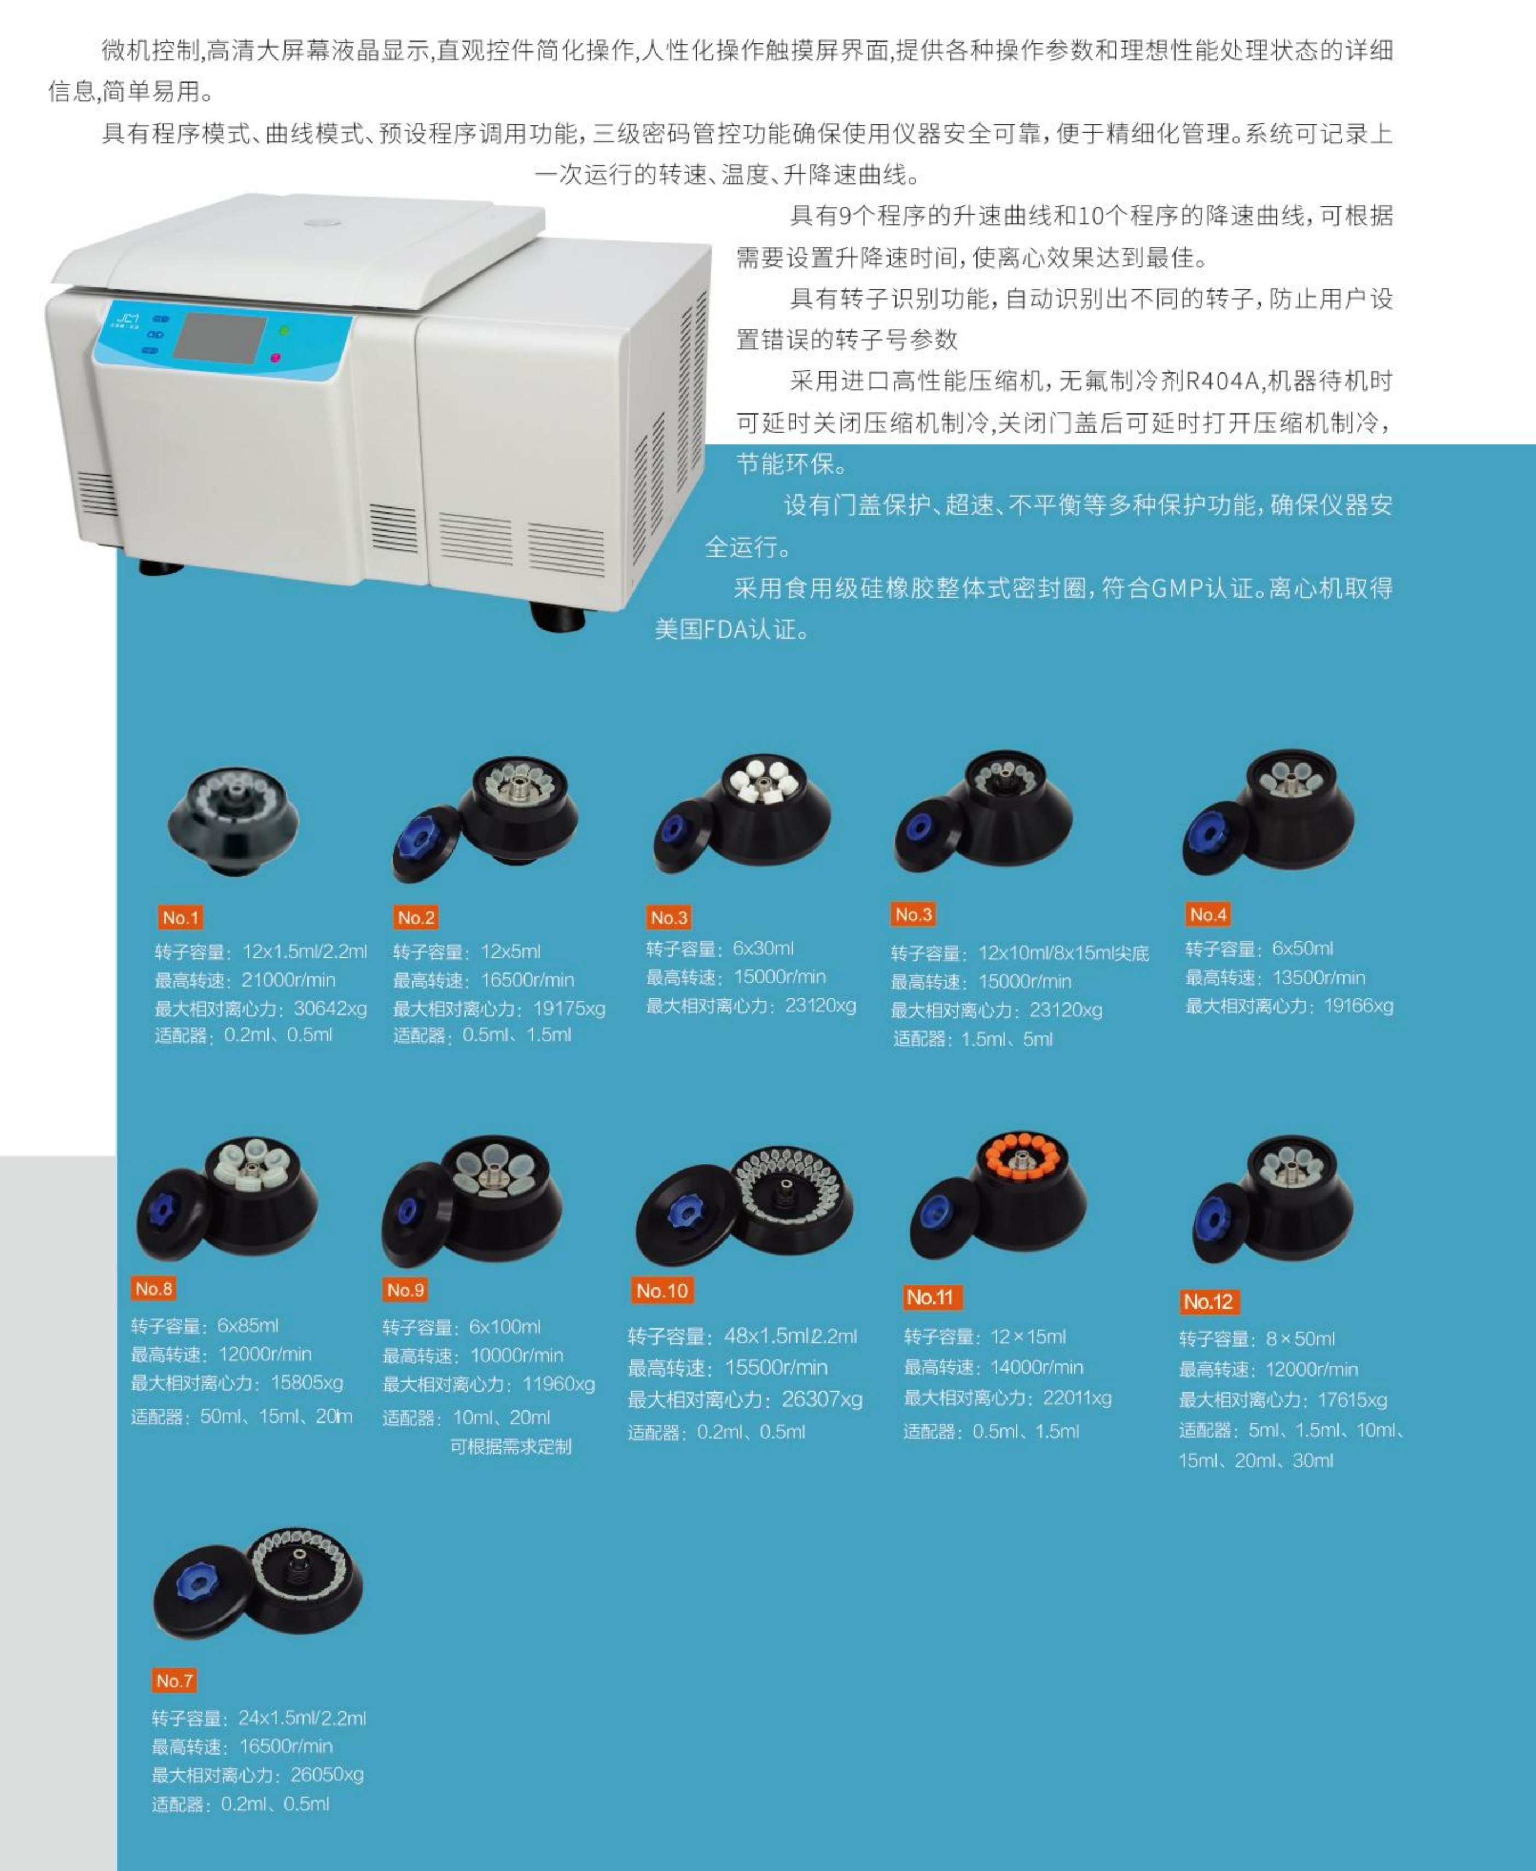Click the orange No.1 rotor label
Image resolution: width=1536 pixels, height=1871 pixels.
tap(181, 917)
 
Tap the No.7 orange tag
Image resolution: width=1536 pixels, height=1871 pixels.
tap(174, 1680)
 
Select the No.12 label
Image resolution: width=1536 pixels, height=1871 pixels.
tap(1208, 1301)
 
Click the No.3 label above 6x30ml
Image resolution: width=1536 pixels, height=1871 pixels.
tap(669, 917)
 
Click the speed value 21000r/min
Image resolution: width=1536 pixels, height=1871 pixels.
tap(288, 980)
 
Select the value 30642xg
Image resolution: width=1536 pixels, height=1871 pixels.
tap(330, 1009)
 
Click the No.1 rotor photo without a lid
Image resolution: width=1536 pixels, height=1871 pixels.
tap(232, 821)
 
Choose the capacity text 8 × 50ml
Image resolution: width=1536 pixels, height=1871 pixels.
tap(1300, 1338)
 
